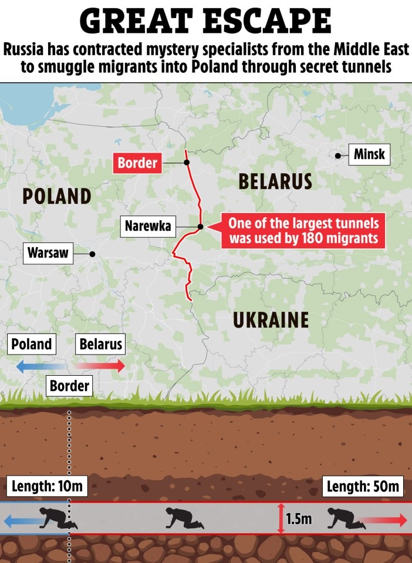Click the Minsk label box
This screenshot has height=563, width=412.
click(369, 154)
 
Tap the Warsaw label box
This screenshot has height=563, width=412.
click(48, 254)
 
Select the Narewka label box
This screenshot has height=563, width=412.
click(147, 226)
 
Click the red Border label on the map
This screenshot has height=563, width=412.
click(137, 162)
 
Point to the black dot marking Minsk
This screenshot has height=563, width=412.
click(339, 155)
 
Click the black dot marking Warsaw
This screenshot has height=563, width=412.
click(92, 254)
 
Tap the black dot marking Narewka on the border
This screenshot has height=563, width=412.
click(200, 227)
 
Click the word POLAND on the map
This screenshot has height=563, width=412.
click(57, 196)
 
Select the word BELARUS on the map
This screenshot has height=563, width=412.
click(275, 181)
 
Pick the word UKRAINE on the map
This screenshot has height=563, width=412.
click(271, 320)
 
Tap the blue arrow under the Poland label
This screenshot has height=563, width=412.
click(36, 366)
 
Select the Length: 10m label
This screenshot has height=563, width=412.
click(47, 486)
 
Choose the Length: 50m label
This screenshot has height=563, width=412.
click(363, 486)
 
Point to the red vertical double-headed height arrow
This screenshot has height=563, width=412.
click(281, 518)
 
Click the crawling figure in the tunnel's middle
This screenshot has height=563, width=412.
click(184, 518)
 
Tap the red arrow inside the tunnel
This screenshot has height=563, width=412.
click(384, 520)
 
